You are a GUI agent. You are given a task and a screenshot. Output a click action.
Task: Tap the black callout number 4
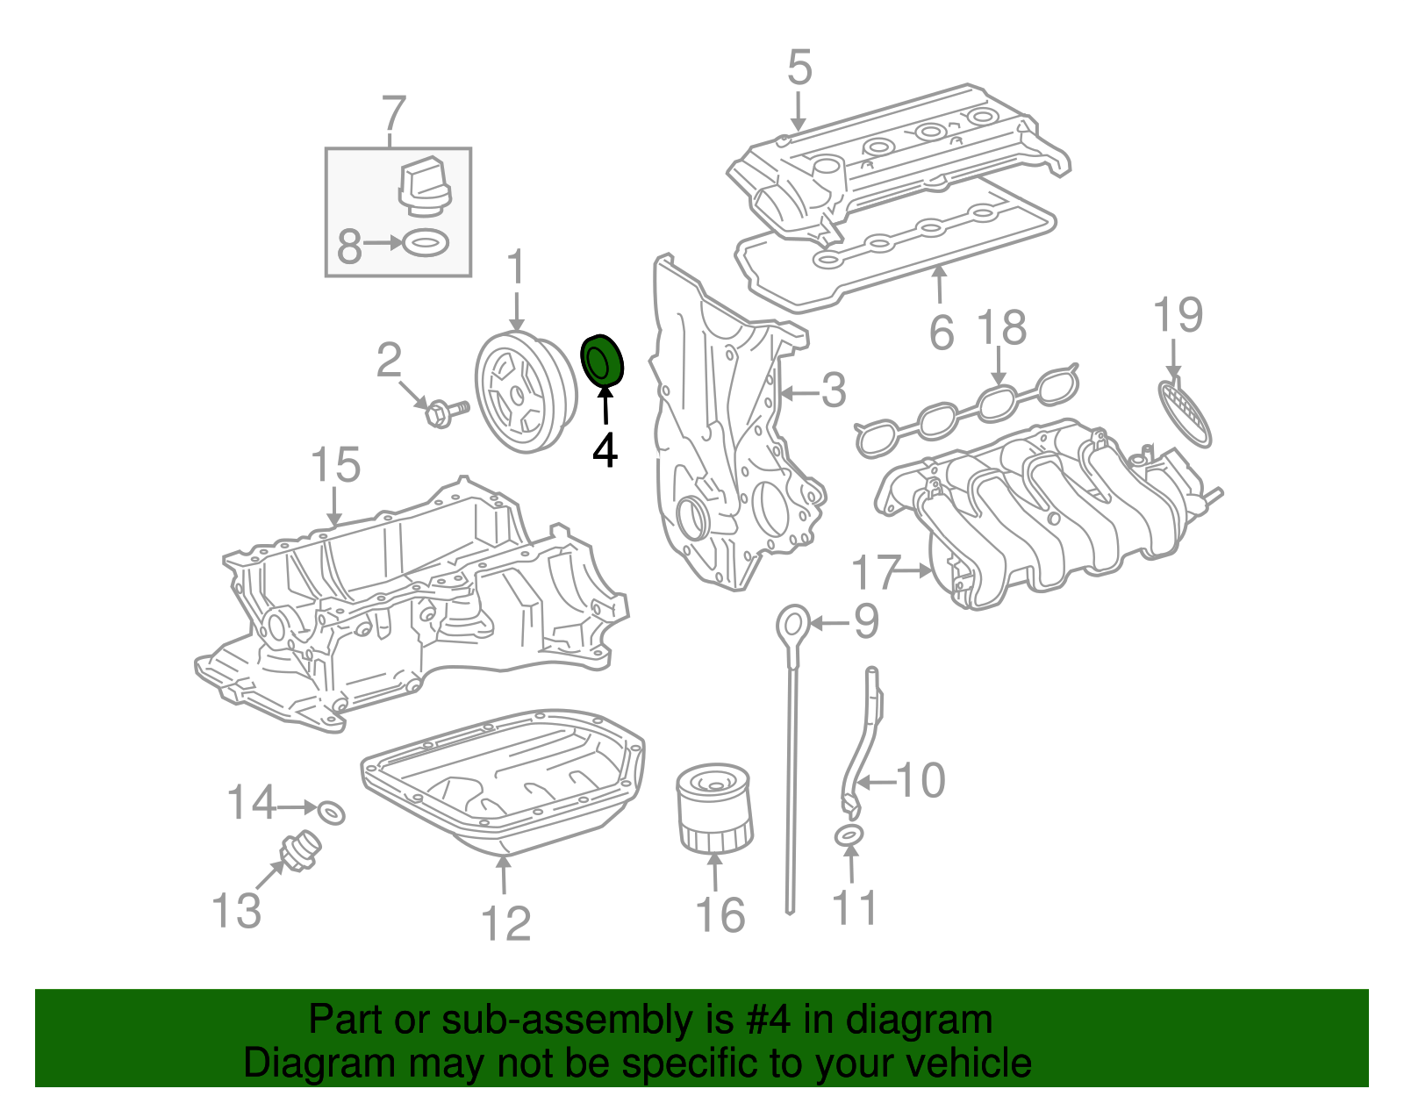[605, 451]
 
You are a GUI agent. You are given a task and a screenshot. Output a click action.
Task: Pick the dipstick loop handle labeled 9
[792, 626]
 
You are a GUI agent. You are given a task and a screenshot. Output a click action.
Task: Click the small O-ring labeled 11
[849, 835]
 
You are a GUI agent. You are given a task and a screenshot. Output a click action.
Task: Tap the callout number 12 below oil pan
[506, 924]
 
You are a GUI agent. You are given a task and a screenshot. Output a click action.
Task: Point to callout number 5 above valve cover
[799, 68]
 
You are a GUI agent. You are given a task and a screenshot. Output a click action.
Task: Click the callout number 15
[336, 465]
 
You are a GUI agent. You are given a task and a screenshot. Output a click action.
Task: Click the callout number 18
[1001, 328]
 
